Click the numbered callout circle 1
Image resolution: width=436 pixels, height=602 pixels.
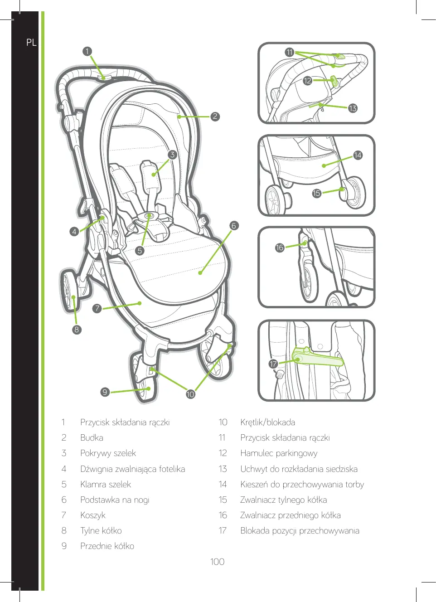point(87,51)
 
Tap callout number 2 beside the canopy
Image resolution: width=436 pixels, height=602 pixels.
point(215,116)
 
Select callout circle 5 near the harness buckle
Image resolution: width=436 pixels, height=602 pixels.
point(140,250)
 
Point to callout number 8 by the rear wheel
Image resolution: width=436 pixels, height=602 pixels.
point(77,330)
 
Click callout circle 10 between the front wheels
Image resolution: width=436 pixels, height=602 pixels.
point(190,394)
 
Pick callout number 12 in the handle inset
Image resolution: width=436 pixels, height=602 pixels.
point(308,81)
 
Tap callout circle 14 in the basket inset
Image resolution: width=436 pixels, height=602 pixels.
point(358,155)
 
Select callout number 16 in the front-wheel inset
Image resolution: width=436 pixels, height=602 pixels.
point(280,248)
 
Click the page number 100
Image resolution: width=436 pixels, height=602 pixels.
point(218,562)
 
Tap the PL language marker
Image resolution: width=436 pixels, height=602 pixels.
point(31,43)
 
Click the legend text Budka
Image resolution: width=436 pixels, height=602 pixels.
point(92,438)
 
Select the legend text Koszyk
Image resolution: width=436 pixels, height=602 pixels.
point(93,515)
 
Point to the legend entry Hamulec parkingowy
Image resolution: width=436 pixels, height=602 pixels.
point(279,453)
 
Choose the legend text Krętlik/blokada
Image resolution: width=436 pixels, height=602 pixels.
point(267,422)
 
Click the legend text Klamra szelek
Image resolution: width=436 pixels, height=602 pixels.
point(106,485)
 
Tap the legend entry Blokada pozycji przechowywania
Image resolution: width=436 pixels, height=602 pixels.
point(300,531)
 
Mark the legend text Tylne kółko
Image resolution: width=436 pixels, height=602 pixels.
point(101,531)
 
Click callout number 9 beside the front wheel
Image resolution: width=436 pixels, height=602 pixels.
point(105,392)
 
